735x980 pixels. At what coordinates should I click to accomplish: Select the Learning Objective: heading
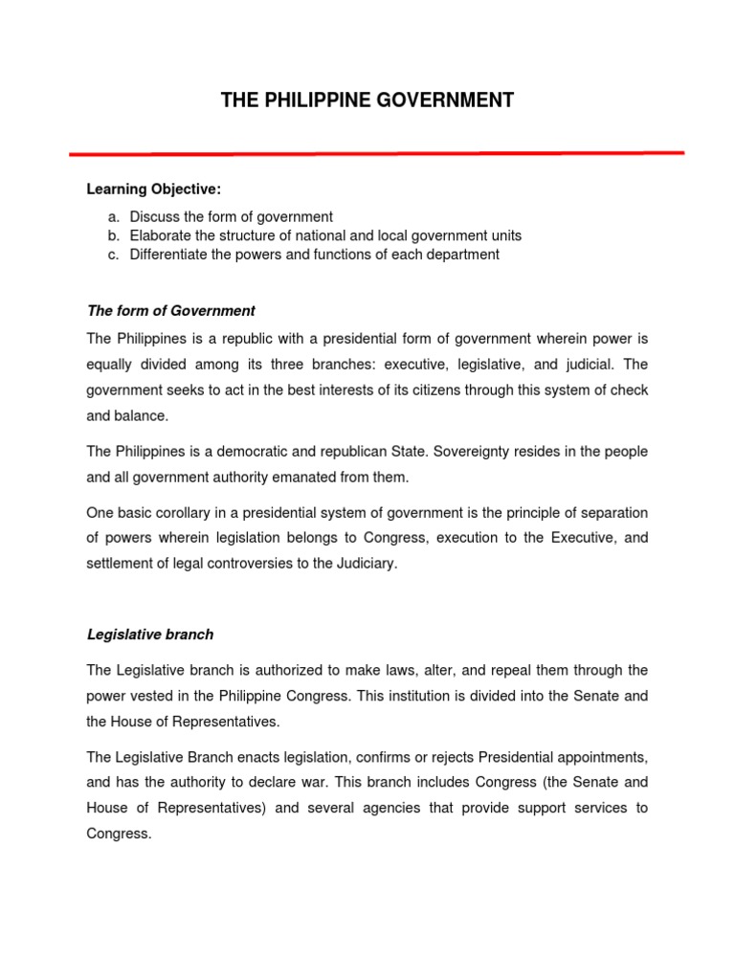(154, 189)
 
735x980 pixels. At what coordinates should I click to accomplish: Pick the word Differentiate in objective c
(169, 255)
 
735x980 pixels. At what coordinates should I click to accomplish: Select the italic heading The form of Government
(171, 310)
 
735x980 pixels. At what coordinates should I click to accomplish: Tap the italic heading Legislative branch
(150, 634)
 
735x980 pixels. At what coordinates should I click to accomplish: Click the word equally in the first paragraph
(110, 364)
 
